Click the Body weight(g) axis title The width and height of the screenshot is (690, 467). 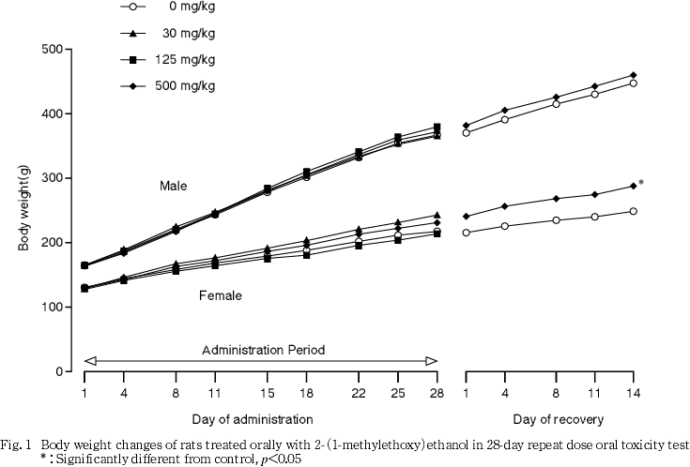click(25, 210)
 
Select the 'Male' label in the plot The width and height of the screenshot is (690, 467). click(174, 187)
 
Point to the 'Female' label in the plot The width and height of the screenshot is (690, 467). click(221, 295)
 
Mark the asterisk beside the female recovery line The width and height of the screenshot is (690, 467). click(641, 183)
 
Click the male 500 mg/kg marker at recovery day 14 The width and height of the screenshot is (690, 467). click(634, 75)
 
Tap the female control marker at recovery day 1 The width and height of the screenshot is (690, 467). click(467, 232)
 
